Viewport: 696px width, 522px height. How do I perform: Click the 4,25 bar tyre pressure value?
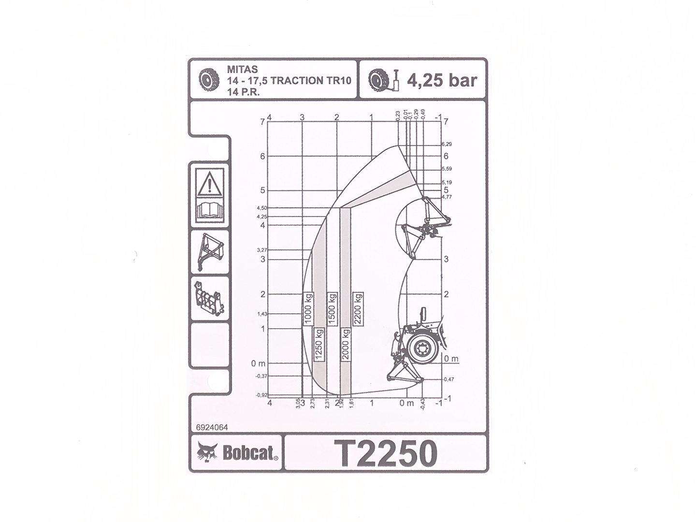(x=441, y=80)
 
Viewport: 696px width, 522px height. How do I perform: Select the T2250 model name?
(x=386, y=453)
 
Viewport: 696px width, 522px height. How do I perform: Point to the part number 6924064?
(x=212, y=427)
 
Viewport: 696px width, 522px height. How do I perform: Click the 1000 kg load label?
(x=308, y=309)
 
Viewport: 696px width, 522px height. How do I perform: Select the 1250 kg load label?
(x=319, y=345)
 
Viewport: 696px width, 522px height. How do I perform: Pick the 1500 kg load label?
(x=332, y=309)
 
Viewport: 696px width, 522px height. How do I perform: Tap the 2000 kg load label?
(x=345, y=345)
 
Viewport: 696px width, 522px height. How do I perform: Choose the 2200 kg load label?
(x=358, y=309)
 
